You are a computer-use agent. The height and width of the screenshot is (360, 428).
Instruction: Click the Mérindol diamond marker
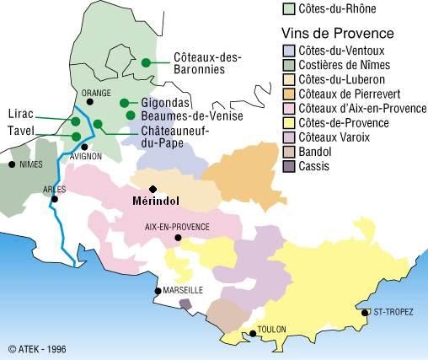point(152,189)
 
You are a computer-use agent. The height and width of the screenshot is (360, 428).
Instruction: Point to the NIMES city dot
point(11,164)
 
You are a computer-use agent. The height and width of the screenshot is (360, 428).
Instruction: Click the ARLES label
point(55,189)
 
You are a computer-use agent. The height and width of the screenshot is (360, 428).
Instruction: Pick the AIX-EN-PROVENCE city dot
point(178,239)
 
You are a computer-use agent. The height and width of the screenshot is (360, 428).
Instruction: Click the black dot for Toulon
point(254,335)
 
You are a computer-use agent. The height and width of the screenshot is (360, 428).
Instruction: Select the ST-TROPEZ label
point(393,312)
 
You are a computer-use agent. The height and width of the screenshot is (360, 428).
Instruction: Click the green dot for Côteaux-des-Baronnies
point(146,62)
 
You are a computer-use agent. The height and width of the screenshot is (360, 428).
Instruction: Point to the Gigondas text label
point(165,102)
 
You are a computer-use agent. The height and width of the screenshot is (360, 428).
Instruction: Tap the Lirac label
point(20,113)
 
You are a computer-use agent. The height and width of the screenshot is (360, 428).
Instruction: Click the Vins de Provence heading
point(337,34)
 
